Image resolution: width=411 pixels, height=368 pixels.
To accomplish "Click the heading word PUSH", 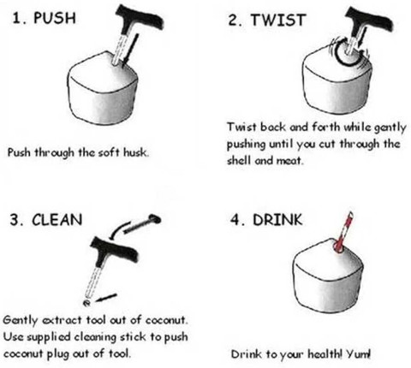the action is click(x=55, y=18).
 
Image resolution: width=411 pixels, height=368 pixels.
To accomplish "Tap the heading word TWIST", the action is click(x=278, y=20).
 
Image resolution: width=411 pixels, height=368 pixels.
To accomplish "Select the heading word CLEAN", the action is click(x=57, y=220).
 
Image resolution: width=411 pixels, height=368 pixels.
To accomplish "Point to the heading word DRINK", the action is click(x=277, y=220).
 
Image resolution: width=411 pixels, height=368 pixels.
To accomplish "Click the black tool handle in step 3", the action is click(x=114, y=251).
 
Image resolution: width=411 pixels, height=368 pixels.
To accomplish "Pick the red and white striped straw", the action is click(x=344, y=232).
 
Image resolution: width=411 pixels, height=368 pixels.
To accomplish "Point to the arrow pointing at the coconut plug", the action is click(x=106, y=297).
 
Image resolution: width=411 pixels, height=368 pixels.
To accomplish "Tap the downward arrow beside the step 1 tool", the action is click(x=131, y=49).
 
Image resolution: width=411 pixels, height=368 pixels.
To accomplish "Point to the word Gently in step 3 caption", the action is click(x=21, y=320).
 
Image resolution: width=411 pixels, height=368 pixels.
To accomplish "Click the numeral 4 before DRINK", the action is click(x=235, y=220).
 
